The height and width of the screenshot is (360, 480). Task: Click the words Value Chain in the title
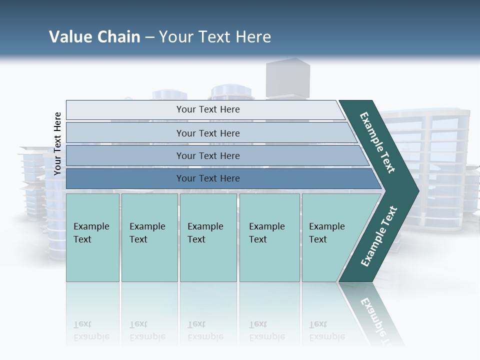[x=94, y=37]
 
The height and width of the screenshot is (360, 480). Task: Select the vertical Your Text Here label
[x=57, y=143]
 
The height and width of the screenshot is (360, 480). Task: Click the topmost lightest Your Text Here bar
[x=207, y=109]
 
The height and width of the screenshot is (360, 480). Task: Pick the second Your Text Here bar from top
[x=207, y=133]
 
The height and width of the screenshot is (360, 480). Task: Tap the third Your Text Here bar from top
[x=207, y=155]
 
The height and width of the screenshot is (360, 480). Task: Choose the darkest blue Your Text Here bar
[x=207, y=178]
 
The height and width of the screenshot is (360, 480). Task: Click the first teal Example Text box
[x=92, y=237]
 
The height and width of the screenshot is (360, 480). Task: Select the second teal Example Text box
[x=149, y=237]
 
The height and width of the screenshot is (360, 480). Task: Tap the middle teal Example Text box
[x=208, y=237]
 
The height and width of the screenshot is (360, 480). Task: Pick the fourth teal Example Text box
[x=269, y=237]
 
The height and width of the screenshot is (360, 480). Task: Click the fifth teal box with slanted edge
[x=330, y=237]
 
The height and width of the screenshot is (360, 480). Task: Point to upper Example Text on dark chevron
[x=377, y=142]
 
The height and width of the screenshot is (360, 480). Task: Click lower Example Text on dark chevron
[x=379, y=236]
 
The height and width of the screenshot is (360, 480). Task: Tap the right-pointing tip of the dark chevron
[x=415, y=191]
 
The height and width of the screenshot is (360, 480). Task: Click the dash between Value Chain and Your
[x=149, y=37]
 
